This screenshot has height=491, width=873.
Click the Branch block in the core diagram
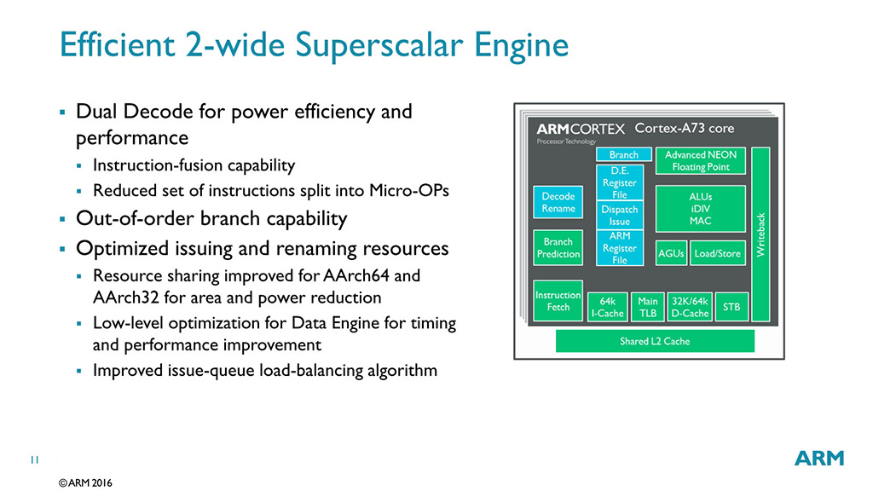(x=623, y=155)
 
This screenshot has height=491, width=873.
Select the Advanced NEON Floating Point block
(x=700, y=160)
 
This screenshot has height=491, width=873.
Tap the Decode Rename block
(x=558, y=202)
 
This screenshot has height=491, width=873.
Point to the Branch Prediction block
(x=558, y=247)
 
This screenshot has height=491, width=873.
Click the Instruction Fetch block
(x=558, y=301)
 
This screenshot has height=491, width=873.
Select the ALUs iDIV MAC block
(x=700, y=209)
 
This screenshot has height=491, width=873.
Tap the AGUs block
(x=671, y=253)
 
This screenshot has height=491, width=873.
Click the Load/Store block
(x=717, y=253)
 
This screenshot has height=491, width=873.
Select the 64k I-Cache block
(x=607, y=307)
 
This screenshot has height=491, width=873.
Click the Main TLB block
(x=648, y=307)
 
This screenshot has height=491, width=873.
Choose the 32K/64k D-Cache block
(x=690, y=307)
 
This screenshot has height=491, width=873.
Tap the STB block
(x=731, y=307)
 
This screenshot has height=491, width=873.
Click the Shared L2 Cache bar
(x=655, y=341)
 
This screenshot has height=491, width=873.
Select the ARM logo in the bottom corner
(x=819, y=458)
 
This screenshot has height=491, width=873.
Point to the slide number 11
(x=35, y=460)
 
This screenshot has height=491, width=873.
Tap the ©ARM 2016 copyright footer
(x=85, y=482)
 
